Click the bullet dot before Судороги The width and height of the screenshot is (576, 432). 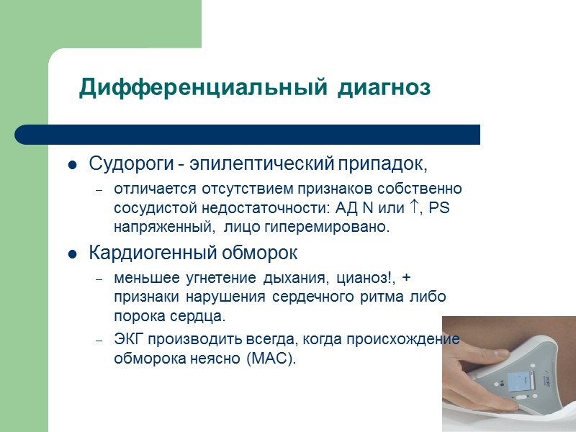[x=72, y=166]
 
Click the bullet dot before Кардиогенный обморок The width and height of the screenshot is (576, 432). [x=72, y=255]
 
